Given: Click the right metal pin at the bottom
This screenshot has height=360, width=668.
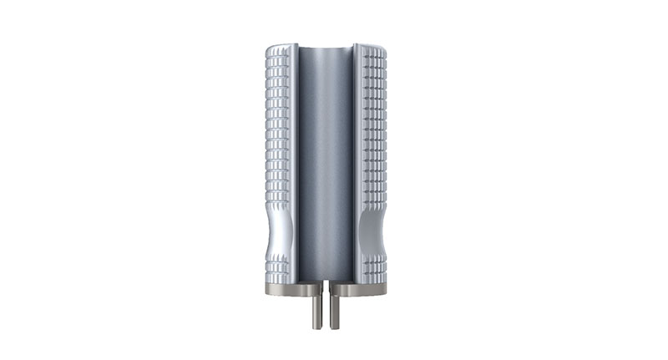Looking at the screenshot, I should tap(335, 307).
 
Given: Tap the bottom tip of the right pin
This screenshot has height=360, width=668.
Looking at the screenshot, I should tap(335, 325).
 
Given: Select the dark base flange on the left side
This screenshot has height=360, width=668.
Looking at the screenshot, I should tap(284, 289).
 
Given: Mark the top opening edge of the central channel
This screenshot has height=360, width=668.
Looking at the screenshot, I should tap(325, 47).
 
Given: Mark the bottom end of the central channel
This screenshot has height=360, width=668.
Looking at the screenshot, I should tap(325, 279).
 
